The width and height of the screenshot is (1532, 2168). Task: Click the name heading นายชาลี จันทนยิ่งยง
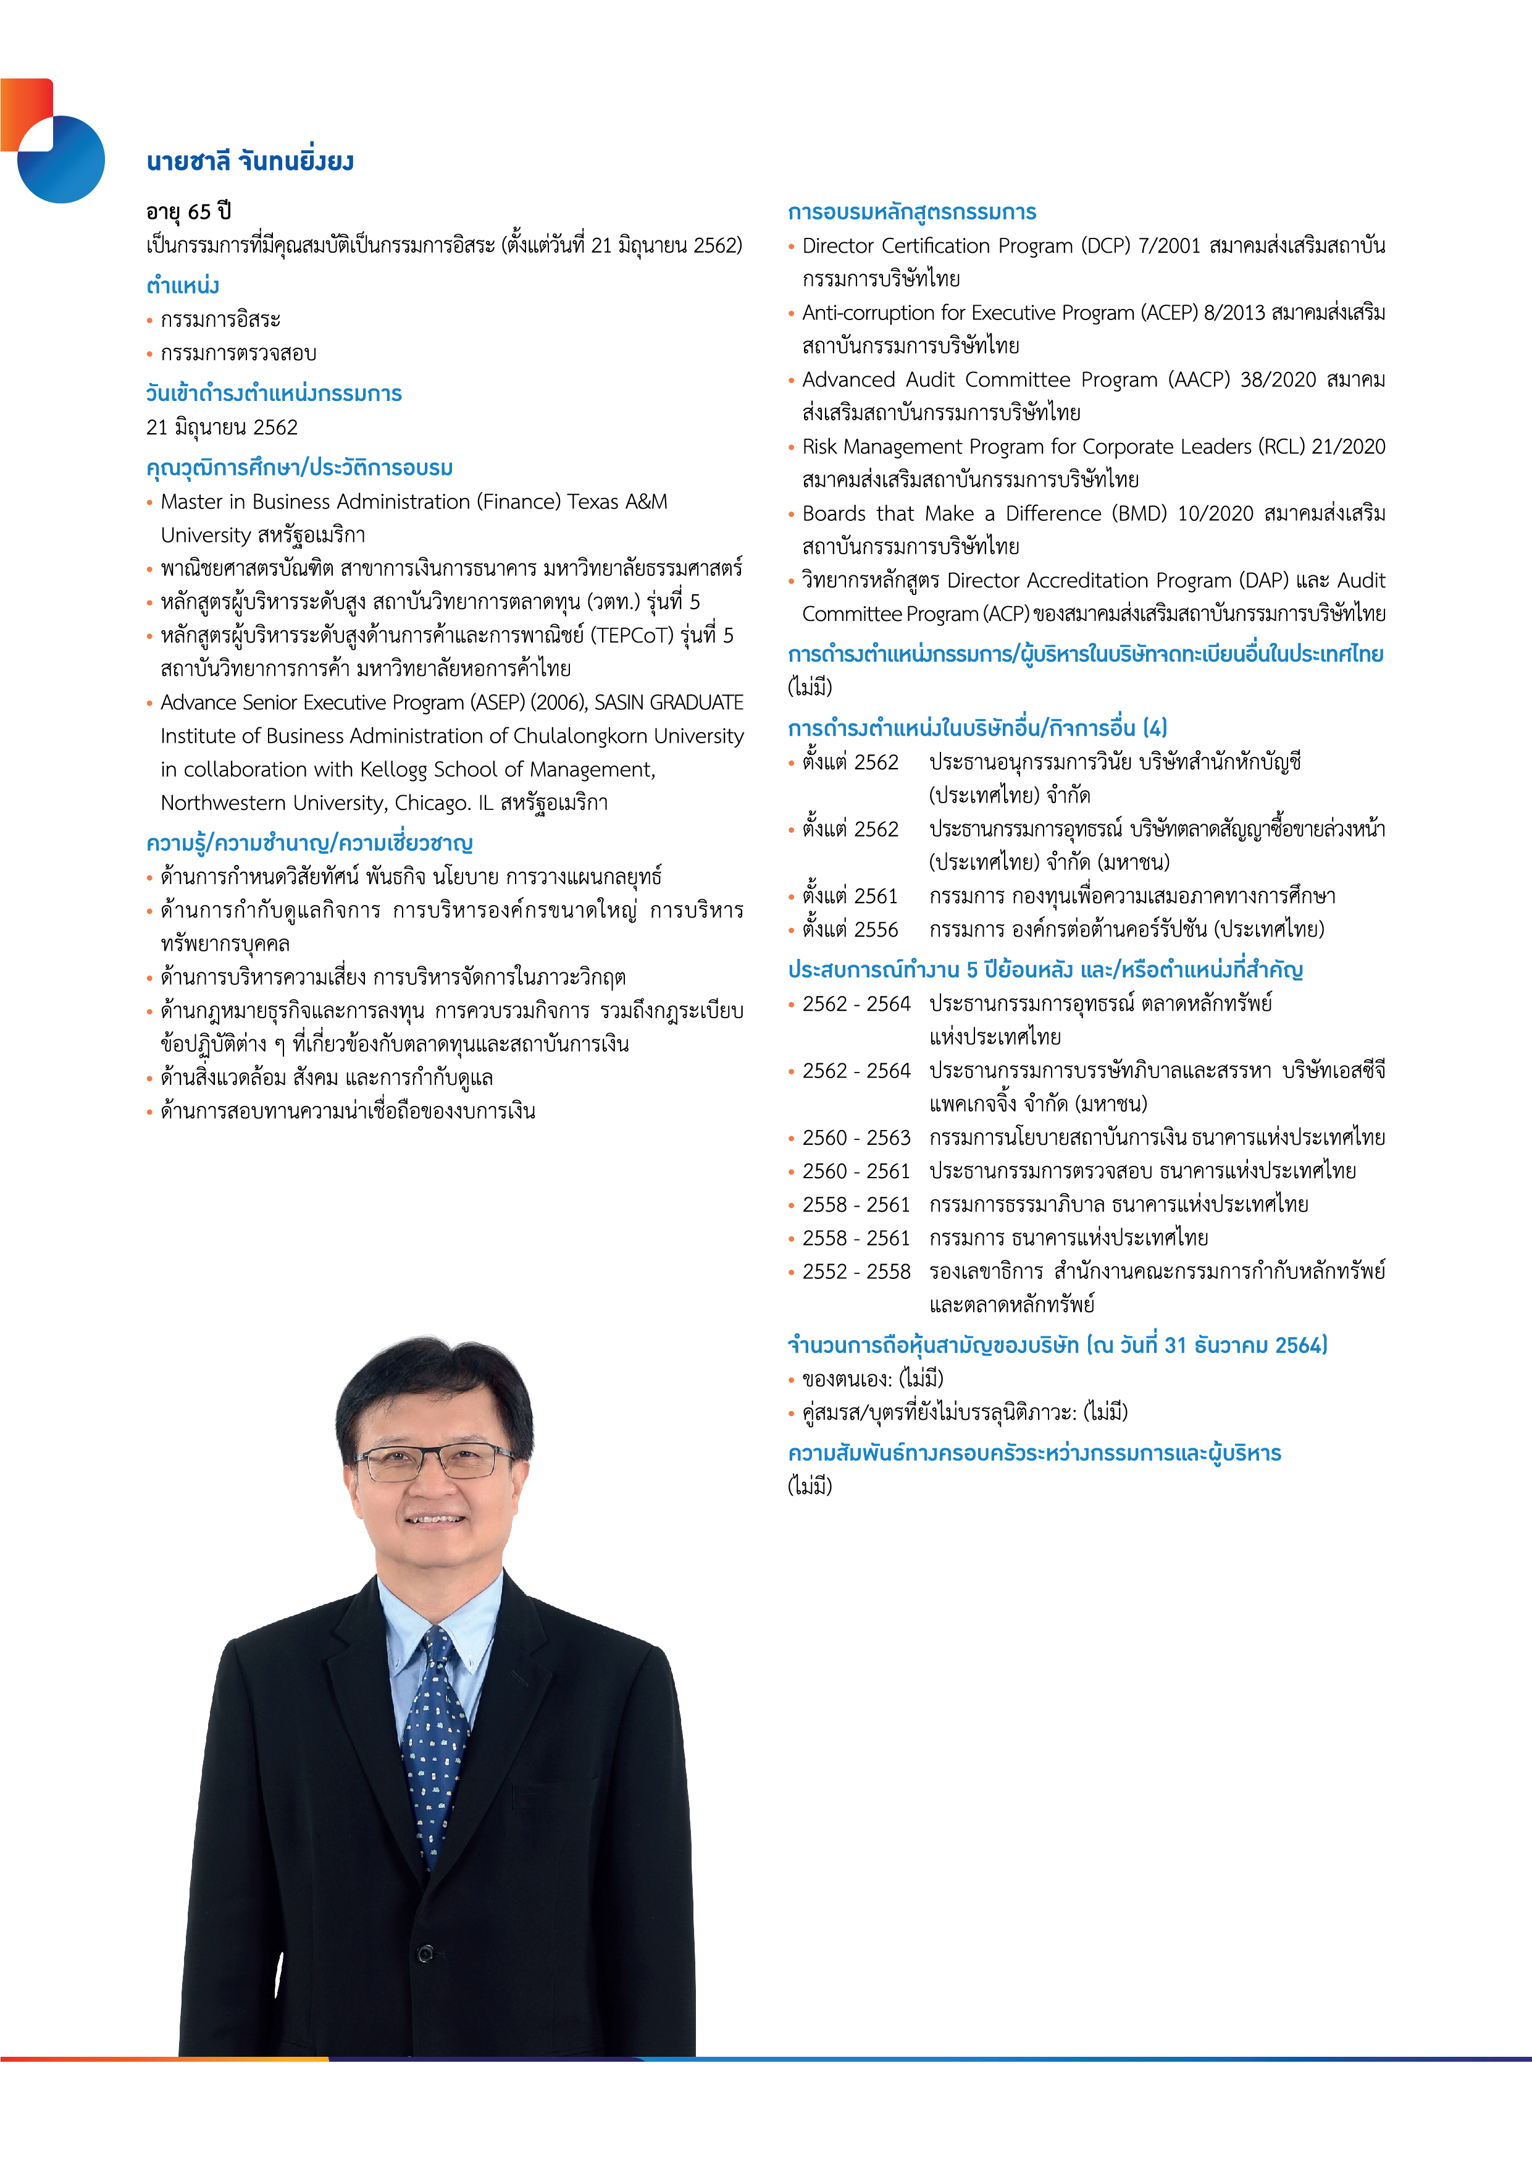[x=250, y=161]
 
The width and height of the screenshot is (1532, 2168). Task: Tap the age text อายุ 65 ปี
[x=189, y=211]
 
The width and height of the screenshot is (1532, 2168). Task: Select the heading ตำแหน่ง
[x=183, y=285]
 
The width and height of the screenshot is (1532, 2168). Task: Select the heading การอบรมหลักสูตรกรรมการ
[x=912, y=211]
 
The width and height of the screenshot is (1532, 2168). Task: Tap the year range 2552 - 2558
[x=856, y=1272]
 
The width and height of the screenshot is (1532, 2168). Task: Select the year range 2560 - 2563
[x=856, y=1138]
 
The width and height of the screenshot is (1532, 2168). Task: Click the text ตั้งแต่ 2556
[x=850, y=930]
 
